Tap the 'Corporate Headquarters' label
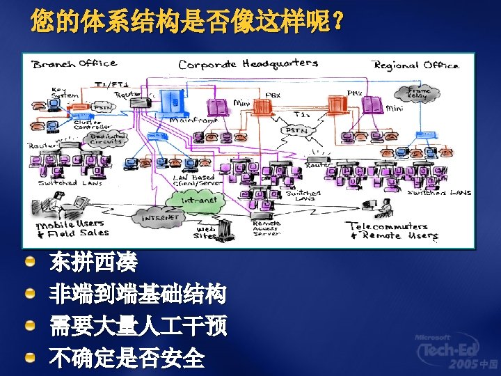click(248, 64)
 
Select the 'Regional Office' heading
click(416, 65)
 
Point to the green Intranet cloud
click(198, 200)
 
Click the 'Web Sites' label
click(205, 232)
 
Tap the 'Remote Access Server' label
click(266, 228)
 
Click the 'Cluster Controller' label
click(90, 126)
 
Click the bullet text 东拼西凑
click(93, 263)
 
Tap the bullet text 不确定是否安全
click(127, 358)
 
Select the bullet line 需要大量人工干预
click(138, 326)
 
